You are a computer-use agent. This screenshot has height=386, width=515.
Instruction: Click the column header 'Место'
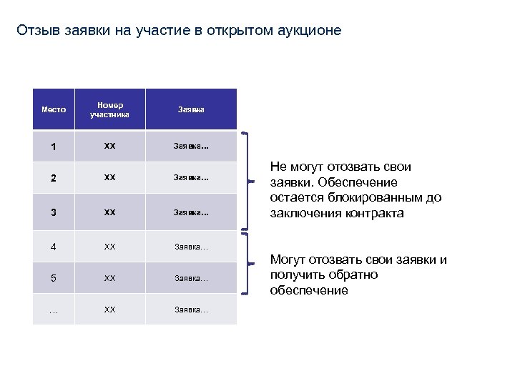click(54, 109)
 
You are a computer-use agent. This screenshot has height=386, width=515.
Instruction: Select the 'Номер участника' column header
click(109, 109)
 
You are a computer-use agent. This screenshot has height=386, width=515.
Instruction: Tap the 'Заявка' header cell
click(191, 109)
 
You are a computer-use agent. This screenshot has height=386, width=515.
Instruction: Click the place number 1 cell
click(54, 147)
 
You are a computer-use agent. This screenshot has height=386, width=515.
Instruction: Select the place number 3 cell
click(54, 213)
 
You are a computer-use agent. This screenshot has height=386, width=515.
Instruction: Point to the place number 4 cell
click(54, 247)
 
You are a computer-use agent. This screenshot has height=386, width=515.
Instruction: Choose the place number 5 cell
click(54, 278)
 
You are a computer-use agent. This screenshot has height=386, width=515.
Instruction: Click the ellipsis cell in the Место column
click(54, 310)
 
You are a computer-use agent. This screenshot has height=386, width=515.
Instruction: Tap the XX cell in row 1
click(109, 147)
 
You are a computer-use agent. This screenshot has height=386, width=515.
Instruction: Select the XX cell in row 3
click(109, 212)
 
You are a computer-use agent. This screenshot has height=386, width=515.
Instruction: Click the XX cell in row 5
click(109, 277)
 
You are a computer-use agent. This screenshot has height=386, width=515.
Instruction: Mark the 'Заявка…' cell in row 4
click(191, 247)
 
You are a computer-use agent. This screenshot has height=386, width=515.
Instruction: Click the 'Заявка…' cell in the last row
click(191, 310)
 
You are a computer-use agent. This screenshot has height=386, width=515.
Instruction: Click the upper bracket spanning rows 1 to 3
click(247, 181)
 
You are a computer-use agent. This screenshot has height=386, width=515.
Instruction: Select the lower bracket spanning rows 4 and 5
click(247, 263)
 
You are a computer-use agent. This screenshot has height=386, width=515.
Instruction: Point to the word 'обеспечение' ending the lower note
click(309, 290)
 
